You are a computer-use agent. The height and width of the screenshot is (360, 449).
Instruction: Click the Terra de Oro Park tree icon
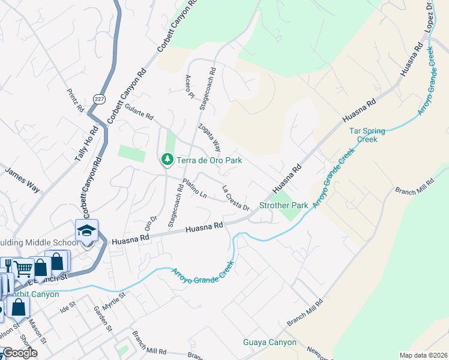[x=166, y=160]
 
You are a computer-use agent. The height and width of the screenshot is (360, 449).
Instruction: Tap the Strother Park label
[x=283, y=206]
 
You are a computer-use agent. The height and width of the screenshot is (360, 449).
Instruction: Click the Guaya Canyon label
[x=270, y=343]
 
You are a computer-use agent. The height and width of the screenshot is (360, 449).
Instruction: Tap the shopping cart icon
[x=22, y=268]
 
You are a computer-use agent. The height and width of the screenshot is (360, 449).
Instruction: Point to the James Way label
[x=22, y=180]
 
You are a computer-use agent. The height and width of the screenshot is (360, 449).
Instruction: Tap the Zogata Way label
[x=209, y=139]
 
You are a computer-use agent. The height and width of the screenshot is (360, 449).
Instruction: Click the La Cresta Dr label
[x=236, y=198]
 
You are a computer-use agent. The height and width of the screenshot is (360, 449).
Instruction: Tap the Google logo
[x=19, y=353]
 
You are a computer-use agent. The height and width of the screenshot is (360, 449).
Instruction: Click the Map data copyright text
[x=423, y=355]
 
